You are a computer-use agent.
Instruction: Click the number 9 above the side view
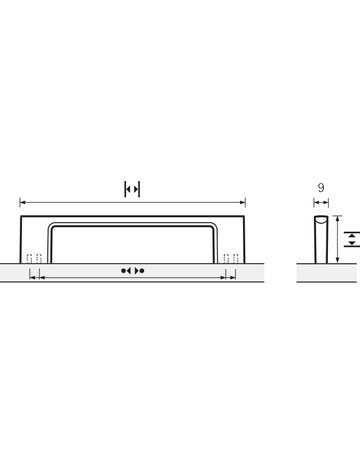[x=317, y=186]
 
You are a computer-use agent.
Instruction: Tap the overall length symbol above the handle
[x=132, y=188]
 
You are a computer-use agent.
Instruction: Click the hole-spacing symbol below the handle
[x=132, y=271]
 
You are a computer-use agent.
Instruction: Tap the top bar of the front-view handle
[x=132, y=216]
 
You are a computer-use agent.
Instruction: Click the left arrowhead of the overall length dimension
[x=23, y=199]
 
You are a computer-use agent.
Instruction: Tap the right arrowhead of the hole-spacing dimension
[x=230, y=271]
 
